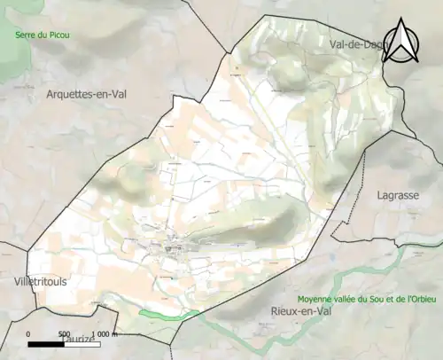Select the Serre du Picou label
(x=42, y=35)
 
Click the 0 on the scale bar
(x=28, y=333)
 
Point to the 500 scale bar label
(x=65, y=333)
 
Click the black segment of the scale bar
(x=47, y=342)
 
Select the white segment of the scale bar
(x=83, y=342)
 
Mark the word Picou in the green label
(x=57, y=35)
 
